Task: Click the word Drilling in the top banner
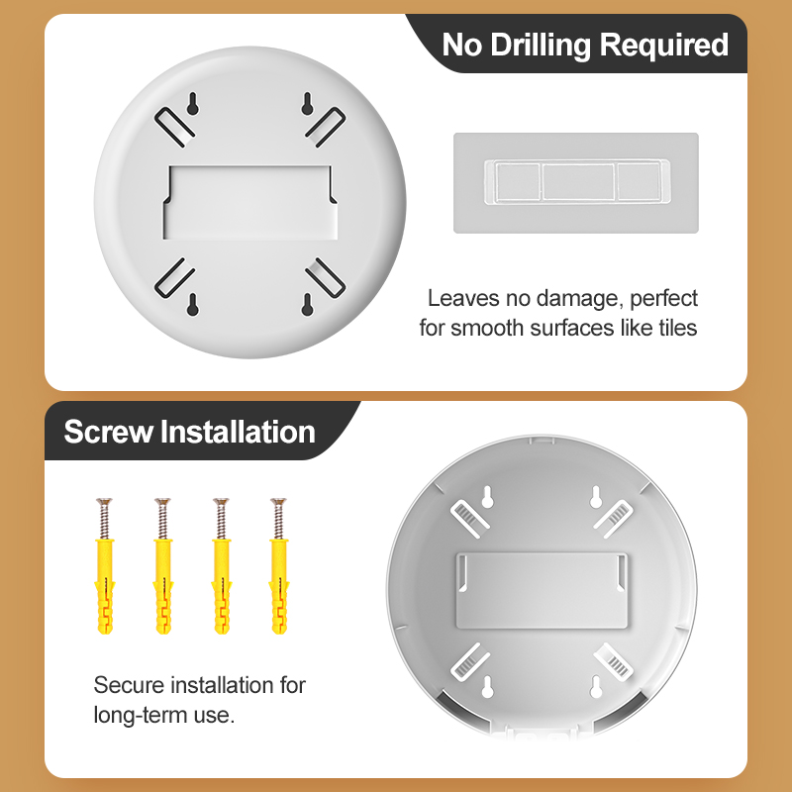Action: pyautogui.click(x=541, y=46)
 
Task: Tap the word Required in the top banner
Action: pyautogui.click(x=664, y=46)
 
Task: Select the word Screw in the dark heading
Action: pyautogui.click(x=109, y=432)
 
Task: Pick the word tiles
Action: pyautogui.click(x=678, y=328)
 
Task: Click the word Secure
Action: pyautogui.click(x=130, y=685)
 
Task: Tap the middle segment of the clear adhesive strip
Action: pyautogui.click(x=578, y=181)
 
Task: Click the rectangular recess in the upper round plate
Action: pyautogui.click(x=250, y=202)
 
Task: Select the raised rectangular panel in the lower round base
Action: pyautogui.click(x=542, y=590)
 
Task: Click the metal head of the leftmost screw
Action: pyautogui.click(x=104, y=502)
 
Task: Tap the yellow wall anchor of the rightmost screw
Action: pyautogui.click(x=279, y=586)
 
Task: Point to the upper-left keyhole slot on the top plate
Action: pyautogui.click(x=192, y=104)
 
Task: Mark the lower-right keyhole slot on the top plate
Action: pyautogui.click(x=307, y=305)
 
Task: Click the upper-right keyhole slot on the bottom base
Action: pyautogui.click(x=596, y=497)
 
